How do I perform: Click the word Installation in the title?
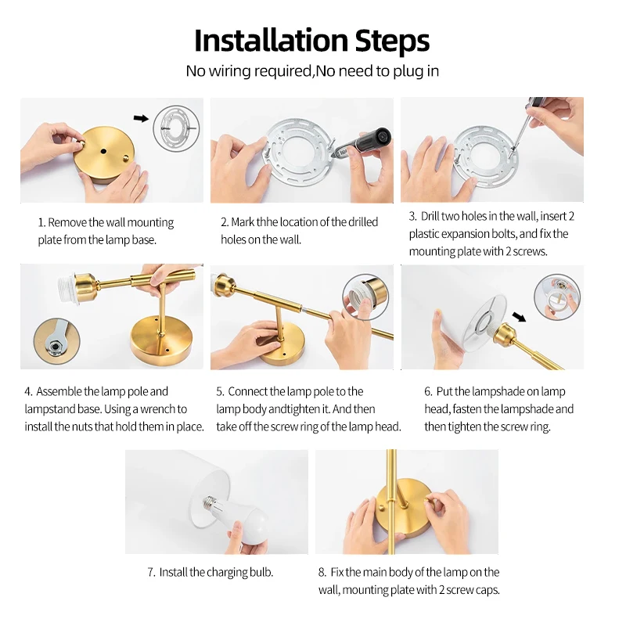click(271, 41)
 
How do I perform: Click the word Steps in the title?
click(393, 41)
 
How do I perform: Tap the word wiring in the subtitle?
click(229, 71)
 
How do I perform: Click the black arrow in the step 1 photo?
click(141, 118)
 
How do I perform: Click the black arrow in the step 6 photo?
click(519, 317)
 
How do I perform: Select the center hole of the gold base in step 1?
click(103, 151)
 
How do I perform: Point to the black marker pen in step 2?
click(362, 145)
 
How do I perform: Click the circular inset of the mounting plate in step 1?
click(176, 128)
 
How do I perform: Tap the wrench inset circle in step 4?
click(56, 341)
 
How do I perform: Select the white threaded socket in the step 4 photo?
click(67, 288)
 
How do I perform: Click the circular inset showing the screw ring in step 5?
click(365, 297)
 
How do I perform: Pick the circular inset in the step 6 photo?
click(556, 297)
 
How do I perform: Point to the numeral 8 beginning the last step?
click(322, 573)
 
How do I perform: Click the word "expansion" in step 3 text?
click(463, 234)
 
